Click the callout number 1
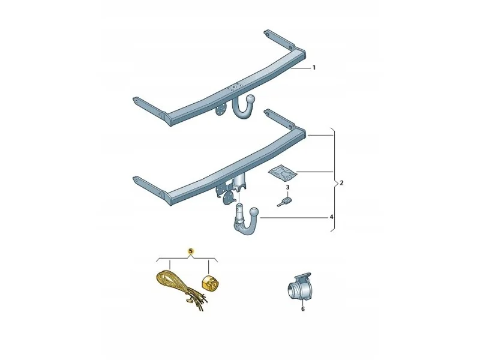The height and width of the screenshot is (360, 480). click(314, 68)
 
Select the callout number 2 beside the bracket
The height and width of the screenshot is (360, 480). click(341, 183)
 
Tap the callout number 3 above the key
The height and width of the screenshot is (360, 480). click(287, 187)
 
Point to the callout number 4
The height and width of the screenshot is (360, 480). click(331, 217)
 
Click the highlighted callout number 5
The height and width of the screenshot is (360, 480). click(191, 251)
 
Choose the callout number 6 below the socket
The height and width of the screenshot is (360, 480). click(303, 309)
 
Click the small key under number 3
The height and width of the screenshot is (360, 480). click(284, 202)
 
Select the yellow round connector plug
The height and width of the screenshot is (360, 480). click(211, 281)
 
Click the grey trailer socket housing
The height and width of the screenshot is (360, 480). click(299, 286)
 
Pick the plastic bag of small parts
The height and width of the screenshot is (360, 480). click(283, 173)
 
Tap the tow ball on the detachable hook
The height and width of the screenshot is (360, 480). click(254, 212)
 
